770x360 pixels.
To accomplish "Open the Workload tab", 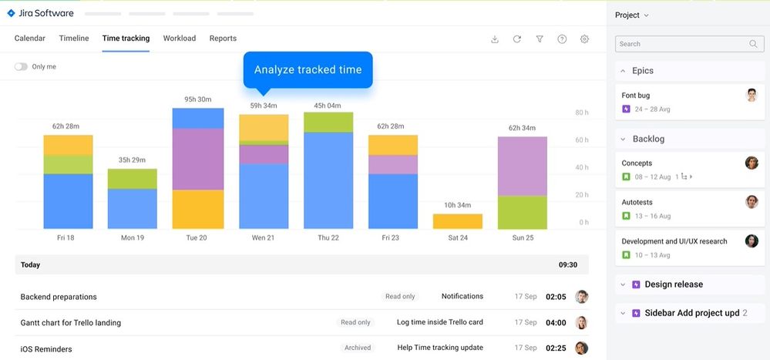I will click(179, 39).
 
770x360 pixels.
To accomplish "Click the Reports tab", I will click(223, 39).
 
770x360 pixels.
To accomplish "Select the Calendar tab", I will click(30, 39).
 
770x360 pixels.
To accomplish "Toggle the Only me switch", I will click(21, 67).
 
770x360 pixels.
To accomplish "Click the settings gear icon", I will click(584, 39).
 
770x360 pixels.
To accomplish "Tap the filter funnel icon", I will click(540, 39).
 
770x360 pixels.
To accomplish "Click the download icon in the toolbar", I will click(495, 39).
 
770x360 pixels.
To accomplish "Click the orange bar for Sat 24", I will click(458, 221).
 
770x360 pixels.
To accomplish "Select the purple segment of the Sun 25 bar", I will click(523, 166).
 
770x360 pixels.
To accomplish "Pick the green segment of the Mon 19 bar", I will click(132, 179).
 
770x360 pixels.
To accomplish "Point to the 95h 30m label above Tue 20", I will click(198, 99).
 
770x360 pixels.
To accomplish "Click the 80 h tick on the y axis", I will click(582, 113).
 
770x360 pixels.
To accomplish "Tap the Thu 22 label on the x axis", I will click(328, 238).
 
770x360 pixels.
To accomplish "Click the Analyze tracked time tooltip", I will click(308, 70).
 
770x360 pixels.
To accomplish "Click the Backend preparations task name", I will click(59, 297).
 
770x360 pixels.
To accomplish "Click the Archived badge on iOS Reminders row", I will click(358, 348).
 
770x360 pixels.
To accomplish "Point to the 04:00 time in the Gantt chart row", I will click(556, 323).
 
